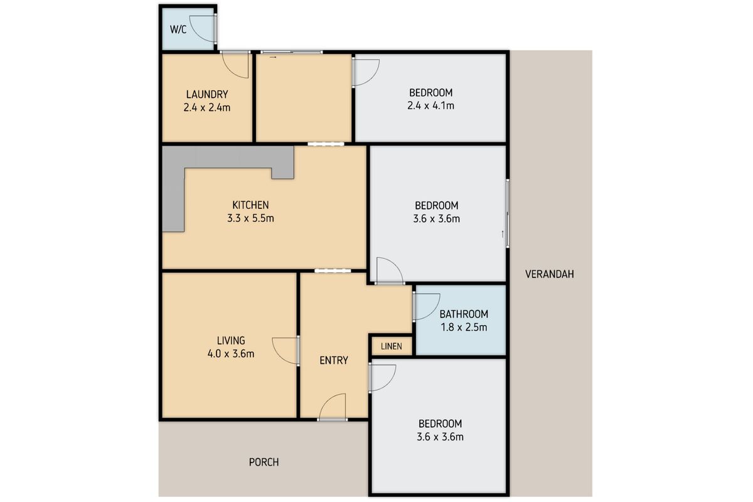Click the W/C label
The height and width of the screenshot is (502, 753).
pos(178,29)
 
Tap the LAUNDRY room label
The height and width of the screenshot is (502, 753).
pos(206,94)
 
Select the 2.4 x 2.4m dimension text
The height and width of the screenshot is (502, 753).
pos(206,107)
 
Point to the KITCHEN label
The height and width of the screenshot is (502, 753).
pos(250,205)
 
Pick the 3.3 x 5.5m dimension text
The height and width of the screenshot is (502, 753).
pos(250,218)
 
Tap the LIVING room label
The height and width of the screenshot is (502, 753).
pos(230,340)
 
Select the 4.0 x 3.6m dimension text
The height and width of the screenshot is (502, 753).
pos(230,353)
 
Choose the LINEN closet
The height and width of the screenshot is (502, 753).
pos(391,346)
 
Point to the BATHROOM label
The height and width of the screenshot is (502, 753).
pos(463,314)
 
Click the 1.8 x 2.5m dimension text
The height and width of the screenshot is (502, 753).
pos(463,327)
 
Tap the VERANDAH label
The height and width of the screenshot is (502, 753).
pos(549,274)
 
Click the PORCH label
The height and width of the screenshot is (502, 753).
pos(264,462)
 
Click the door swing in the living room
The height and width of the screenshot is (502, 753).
pos(286,350)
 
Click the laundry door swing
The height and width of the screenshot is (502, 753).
pos(237,63)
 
